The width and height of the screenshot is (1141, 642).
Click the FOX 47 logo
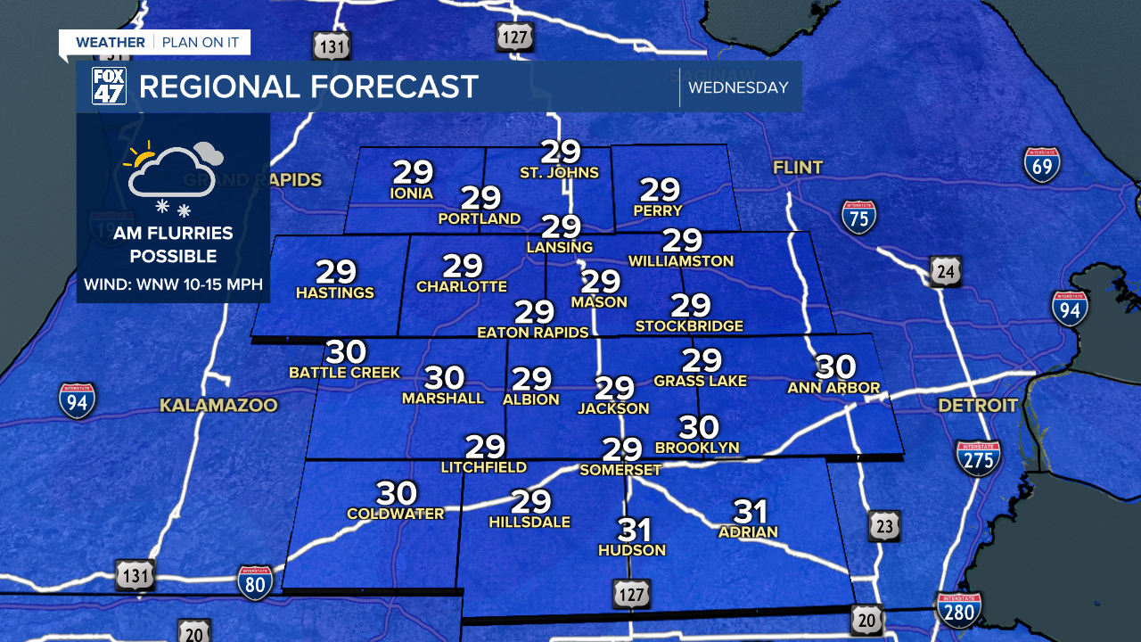110,86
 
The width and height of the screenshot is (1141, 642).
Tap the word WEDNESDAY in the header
738,87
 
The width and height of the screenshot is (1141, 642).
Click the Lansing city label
561,247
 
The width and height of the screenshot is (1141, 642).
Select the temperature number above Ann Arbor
835,366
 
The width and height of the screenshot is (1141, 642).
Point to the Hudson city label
631,550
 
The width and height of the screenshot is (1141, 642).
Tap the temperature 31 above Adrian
750,512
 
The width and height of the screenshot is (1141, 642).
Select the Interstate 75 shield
858,216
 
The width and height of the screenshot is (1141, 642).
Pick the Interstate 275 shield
978,457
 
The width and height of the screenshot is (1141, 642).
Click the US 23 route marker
883,526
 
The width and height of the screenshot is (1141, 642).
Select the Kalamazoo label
218,406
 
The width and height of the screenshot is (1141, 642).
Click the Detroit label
977,406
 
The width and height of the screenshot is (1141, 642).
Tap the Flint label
798,167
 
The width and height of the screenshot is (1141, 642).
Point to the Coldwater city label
395,514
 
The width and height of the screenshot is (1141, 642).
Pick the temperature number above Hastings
335,272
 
